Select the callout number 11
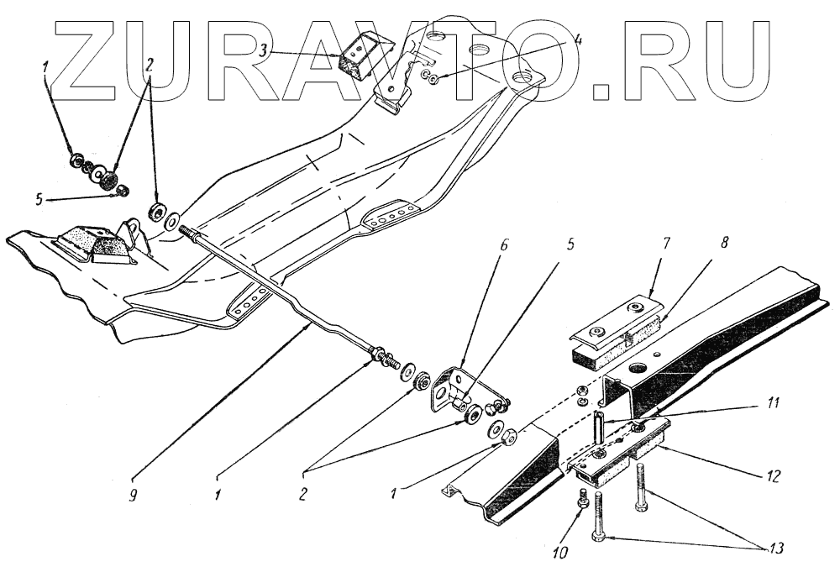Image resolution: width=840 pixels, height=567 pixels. pos(770,404)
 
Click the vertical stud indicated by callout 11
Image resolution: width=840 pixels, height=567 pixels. pos(597,428)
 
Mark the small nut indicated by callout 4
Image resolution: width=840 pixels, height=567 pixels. pos(430,78)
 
